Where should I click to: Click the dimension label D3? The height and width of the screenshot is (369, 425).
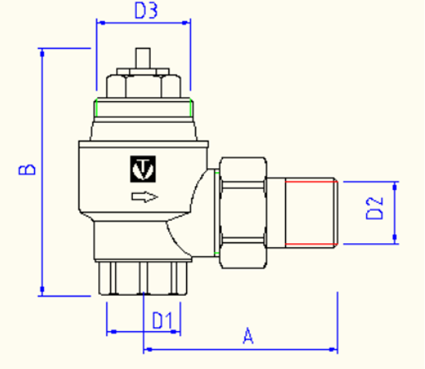point(146,11)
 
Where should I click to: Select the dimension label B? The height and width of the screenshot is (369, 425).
point(25,170)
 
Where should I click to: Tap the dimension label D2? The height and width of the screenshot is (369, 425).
point(373,209)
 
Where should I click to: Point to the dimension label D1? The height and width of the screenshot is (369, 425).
point(161,319)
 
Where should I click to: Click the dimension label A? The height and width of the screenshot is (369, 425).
point(248,337)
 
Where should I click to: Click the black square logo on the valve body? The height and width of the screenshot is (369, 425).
point(143,168)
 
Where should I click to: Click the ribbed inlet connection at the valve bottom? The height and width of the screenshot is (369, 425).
point(143,278)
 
